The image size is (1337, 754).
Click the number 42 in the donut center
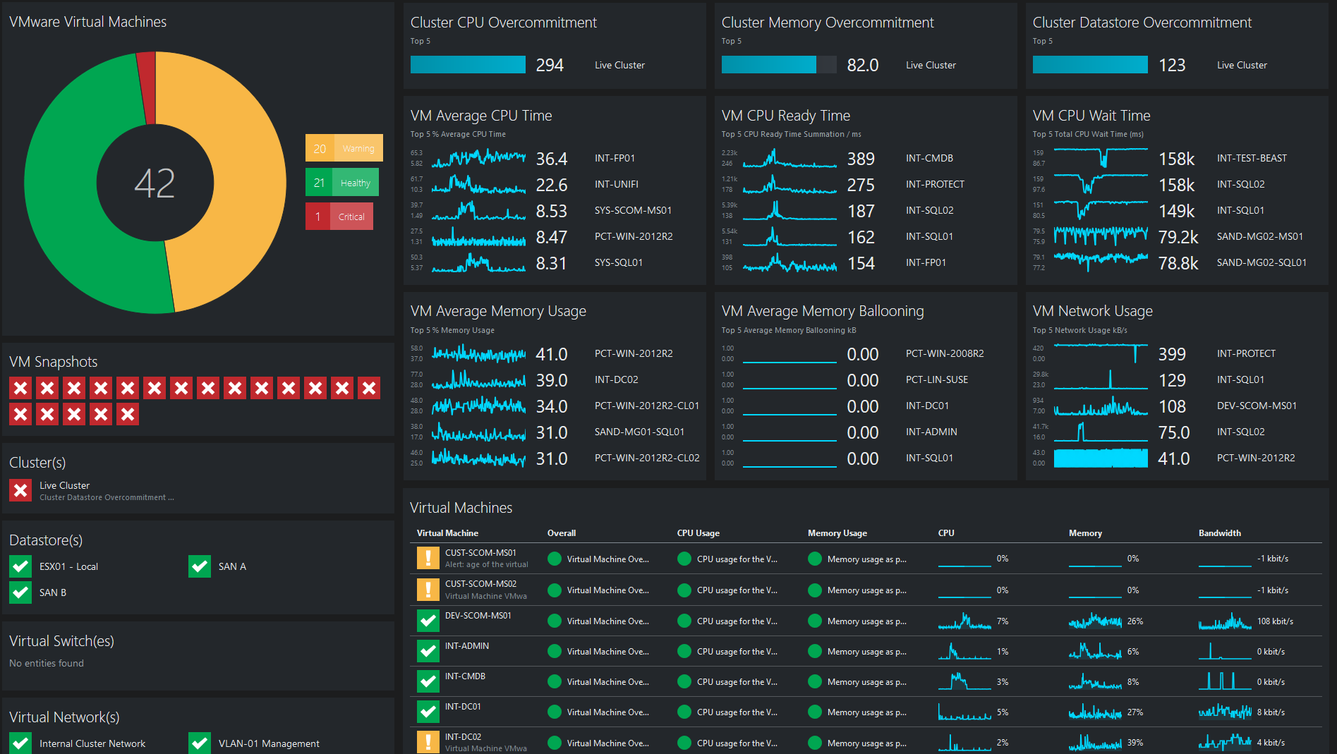tap(155, 183)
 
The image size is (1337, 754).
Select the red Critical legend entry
tap(339, 217)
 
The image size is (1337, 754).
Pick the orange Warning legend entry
tap(344, 148)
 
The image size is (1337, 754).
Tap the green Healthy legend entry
tap(342, 183)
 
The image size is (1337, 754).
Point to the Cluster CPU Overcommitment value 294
tap(550, 66)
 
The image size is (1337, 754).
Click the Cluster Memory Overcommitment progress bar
tap(778, 65)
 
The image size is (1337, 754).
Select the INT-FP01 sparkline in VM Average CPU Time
tap(478, 158)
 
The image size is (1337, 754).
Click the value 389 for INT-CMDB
tap(861, 159)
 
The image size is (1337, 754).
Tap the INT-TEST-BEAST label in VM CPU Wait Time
tap(1252, 158)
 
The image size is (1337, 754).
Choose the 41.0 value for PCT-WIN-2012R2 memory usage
tap(551, 354)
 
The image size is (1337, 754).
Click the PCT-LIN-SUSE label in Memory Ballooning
tap(936, 379)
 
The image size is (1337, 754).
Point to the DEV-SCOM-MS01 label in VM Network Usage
tap(1257, 406)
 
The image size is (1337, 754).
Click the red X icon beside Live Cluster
tap(21, 490)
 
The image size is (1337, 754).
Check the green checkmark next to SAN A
tap(200, 566)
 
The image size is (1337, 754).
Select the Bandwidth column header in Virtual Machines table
tap(1219, 533)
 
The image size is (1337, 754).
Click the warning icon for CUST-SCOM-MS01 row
tap(428, 558)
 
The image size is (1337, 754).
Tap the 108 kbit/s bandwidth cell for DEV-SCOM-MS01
tap(1274, 621)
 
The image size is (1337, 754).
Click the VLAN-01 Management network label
tap(269, 743)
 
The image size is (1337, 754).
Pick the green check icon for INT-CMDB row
tap(428, 681)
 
